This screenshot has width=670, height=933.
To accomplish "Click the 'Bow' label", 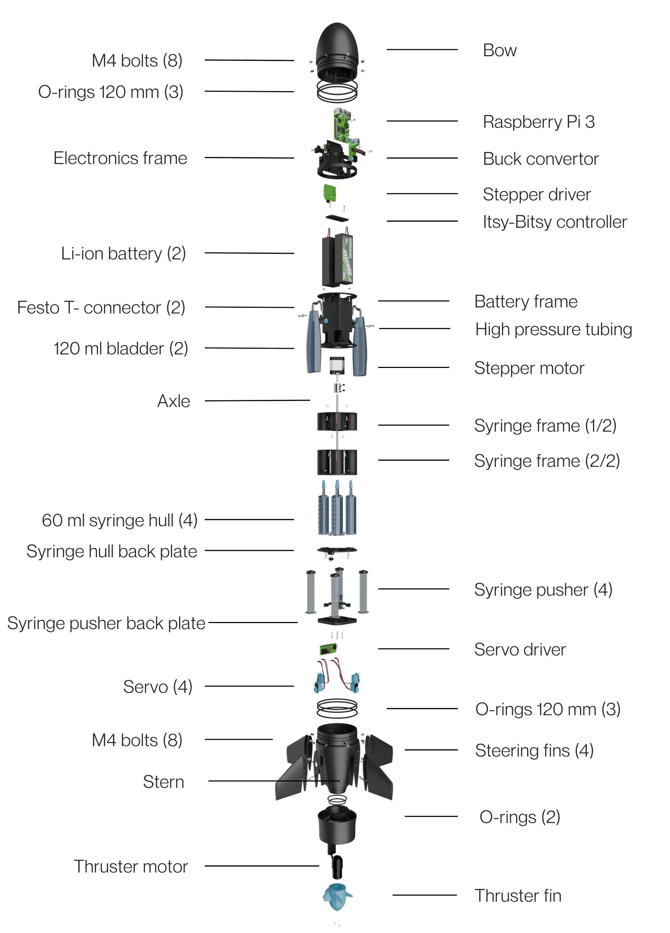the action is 499,51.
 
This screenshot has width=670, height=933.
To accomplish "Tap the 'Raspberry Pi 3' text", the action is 538,122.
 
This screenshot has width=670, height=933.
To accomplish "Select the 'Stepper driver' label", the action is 536,194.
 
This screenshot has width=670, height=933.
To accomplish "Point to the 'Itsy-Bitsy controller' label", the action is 554,222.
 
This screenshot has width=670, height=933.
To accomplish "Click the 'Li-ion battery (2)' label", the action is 123,253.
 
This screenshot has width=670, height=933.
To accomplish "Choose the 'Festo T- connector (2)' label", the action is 101,308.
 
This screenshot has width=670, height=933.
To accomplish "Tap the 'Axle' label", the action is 173,401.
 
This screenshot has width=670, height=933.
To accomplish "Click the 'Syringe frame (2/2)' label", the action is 546,461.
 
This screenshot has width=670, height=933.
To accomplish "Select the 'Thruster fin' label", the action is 518,896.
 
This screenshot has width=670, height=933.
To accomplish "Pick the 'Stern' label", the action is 163,782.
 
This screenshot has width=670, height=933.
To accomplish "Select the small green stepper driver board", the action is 329,193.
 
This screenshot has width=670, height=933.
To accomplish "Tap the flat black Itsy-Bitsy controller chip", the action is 337,218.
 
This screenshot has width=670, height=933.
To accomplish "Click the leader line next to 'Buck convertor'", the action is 422,158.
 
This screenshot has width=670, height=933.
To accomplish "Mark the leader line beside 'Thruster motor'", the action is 261,866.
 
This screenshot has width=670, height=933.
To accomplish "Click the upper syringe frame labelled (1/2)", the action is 337,421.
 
